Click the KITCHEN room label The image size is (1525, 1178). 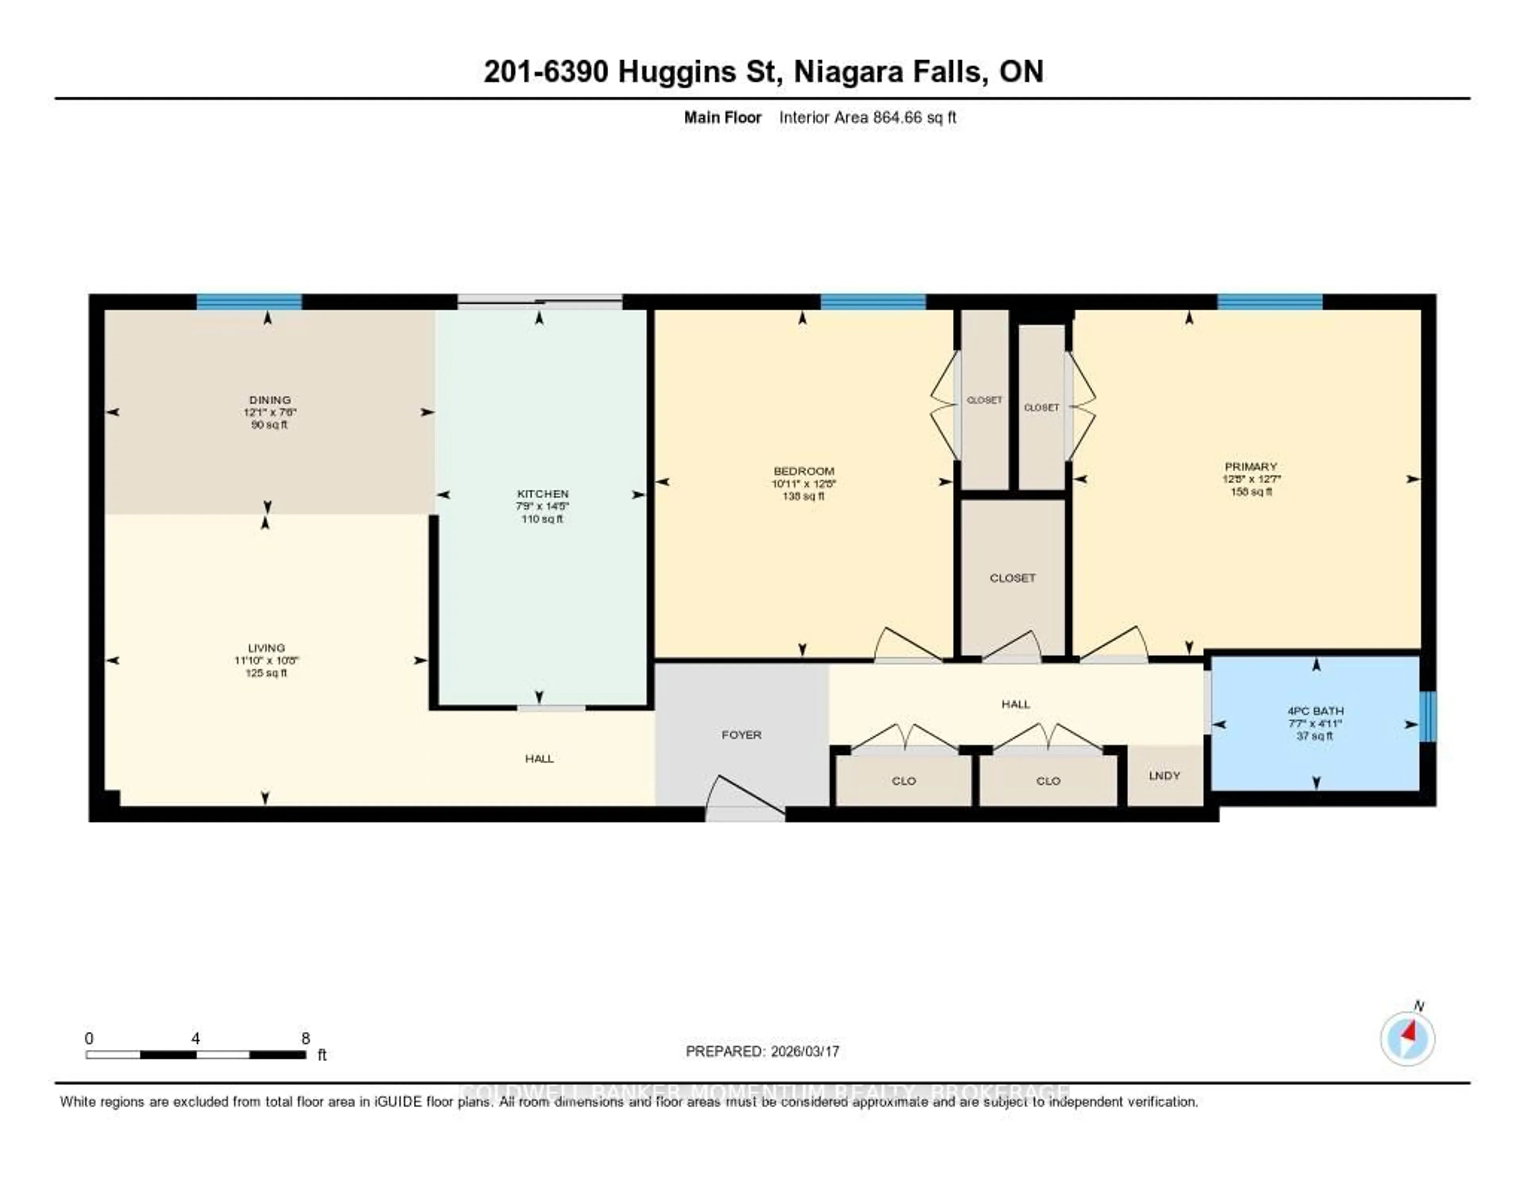coord(542,494)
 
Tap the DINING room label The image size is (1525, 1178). coord(270,400)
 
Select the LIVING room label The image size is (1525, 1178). coord(266,648)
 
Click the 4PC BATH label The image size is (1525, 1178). coord(1316,711)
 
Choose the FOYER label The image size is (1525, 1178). coord(741,735)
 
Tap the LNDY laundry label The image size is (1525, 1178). coord(1164,775)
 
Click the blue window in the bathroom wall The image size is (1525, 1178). coord(1428,716)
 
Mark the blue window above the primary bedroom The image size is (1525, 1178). coord(1269,302)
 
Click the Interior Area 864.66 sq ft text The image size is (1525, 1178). coord(867,117)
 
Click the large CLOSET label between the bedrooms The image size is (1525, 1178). coord(1012,578)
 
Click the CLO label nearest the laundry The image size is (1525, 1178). coord(1048,781)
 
